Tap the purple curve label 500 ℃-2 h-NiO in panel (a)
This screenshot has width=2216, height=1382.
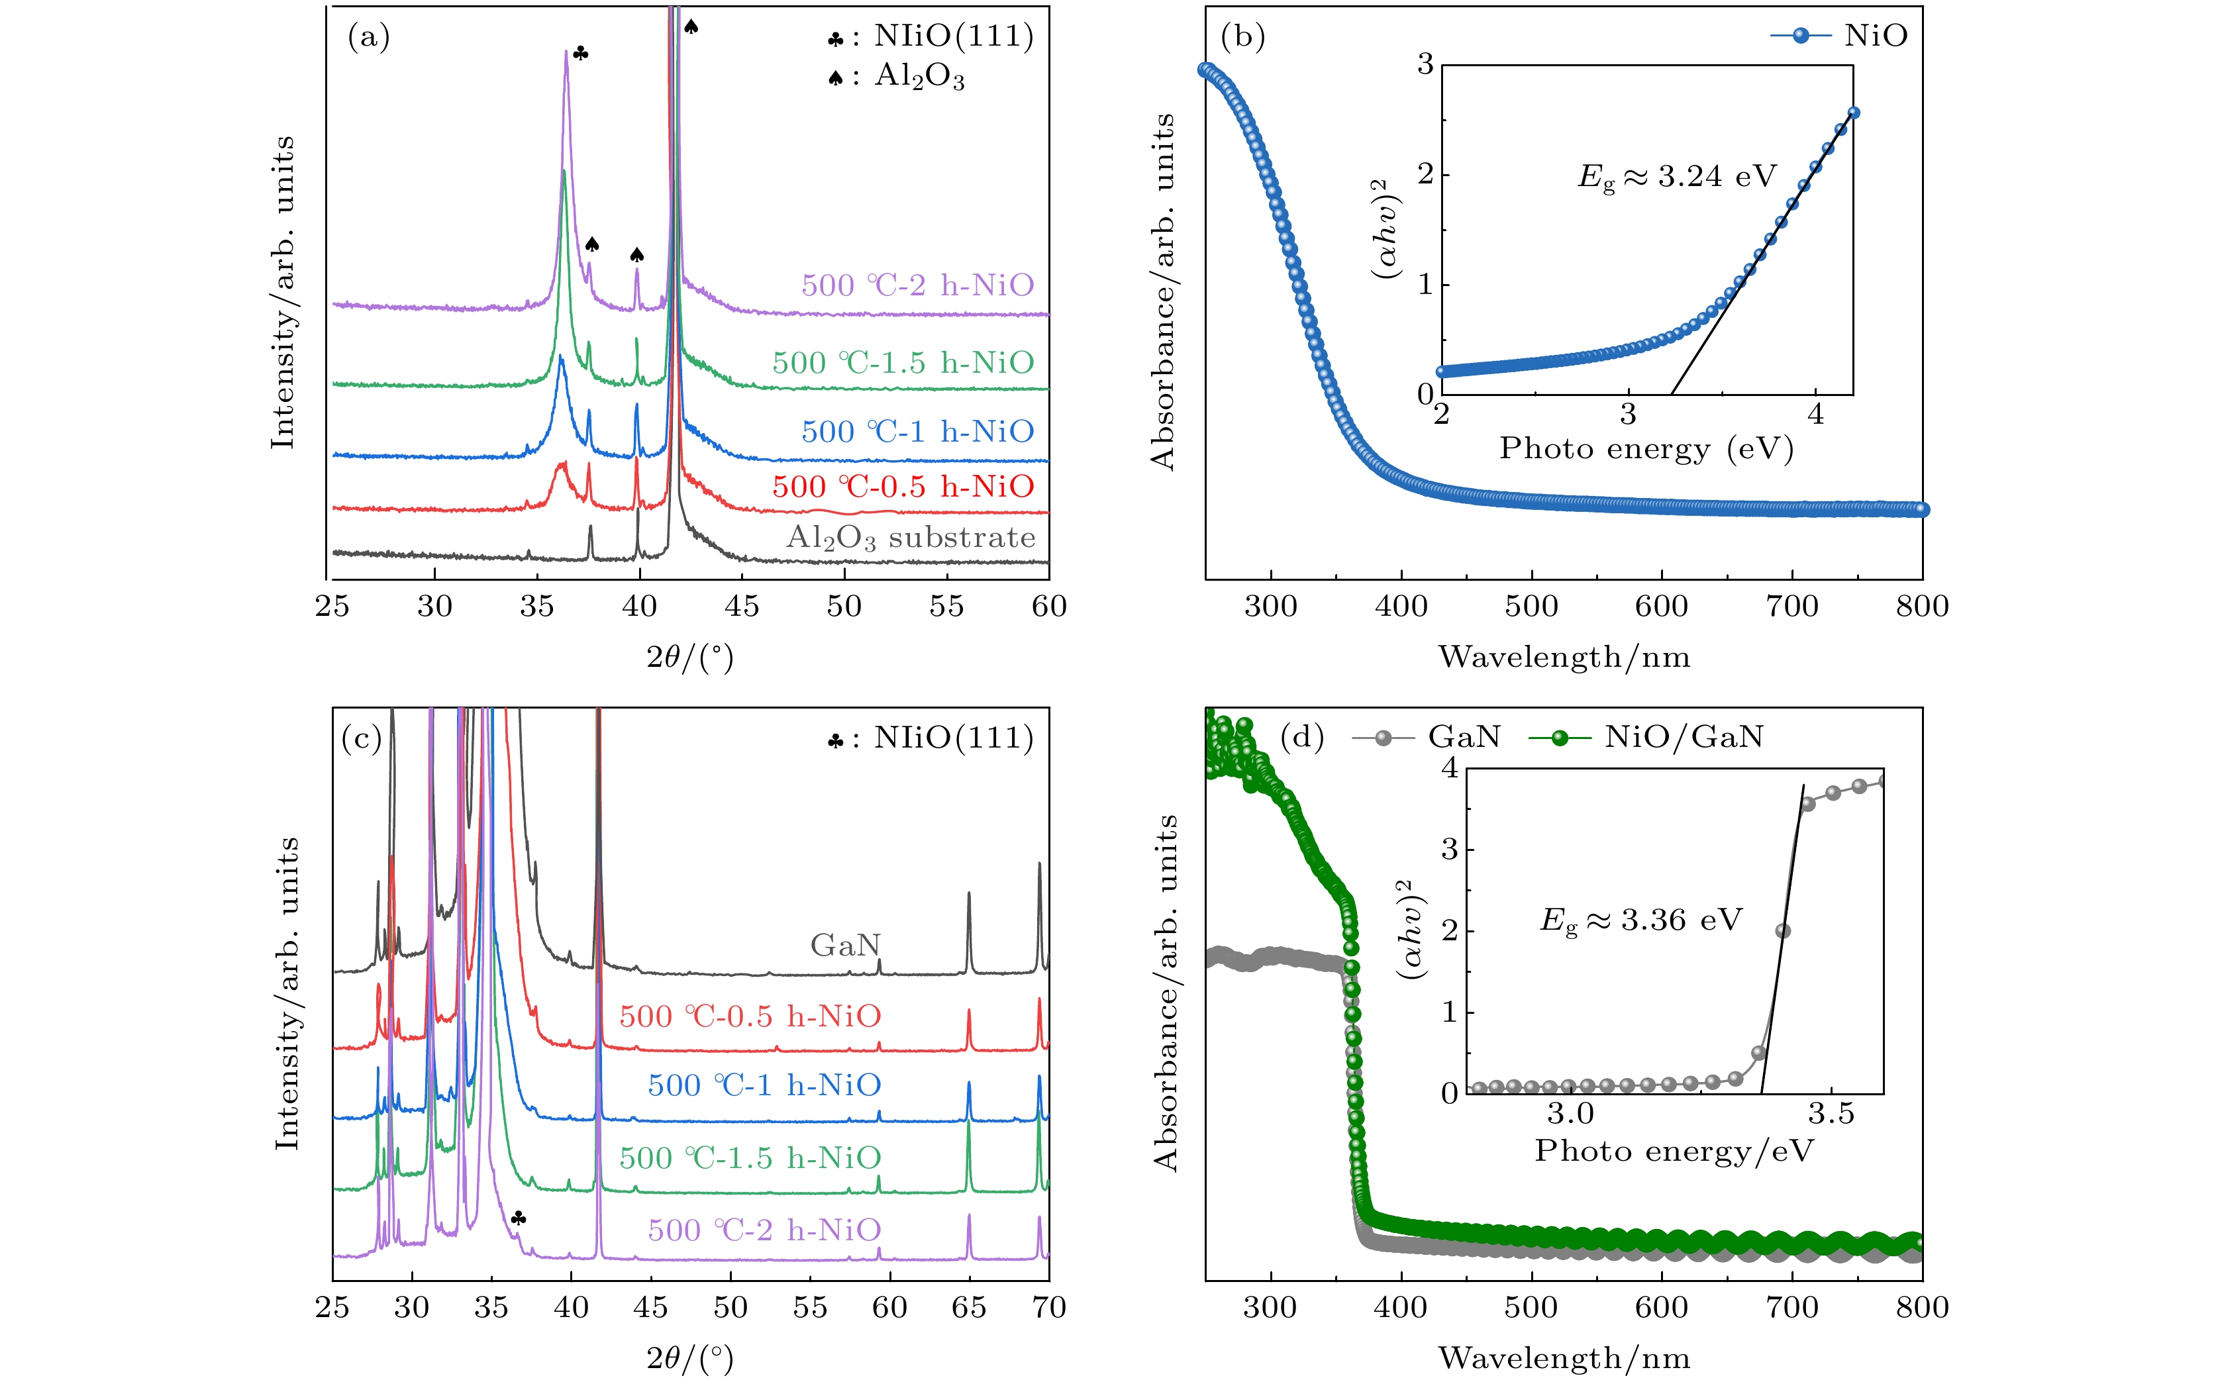click(x=917, y=286)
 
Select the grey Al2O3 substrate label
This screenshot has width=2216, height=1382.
click(x=911, y=538)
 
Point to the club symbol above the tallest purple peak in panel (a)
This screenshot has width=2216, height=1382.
click(x=581, y=54)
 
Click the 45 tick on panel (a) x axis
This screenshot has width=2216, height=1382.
click(x=741, y=606)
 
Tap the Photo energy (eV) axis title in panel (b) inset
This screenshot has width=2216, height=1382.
click(x=1646, y=449)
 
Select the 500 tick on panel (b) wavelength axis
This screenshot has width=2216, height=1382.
click(x=1531, y=606)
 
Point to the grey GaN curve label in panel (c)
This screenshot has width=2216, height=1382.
click(x=844, y=945)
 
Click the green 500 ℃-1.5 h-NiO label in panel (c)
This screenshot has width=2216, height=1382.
click(x=750, y=1158)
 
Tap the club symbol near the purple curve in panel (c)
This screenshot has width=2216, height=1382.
click(x=519, y=1218)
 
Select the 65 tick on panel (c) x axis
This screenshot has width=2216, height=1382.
click(x=969, y=1307)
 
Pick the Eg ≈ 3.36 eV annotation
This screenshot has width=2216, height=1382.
click(x=1641, y=920)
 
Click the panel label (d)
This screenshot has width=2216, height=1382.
click(x=1302, y=737)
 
